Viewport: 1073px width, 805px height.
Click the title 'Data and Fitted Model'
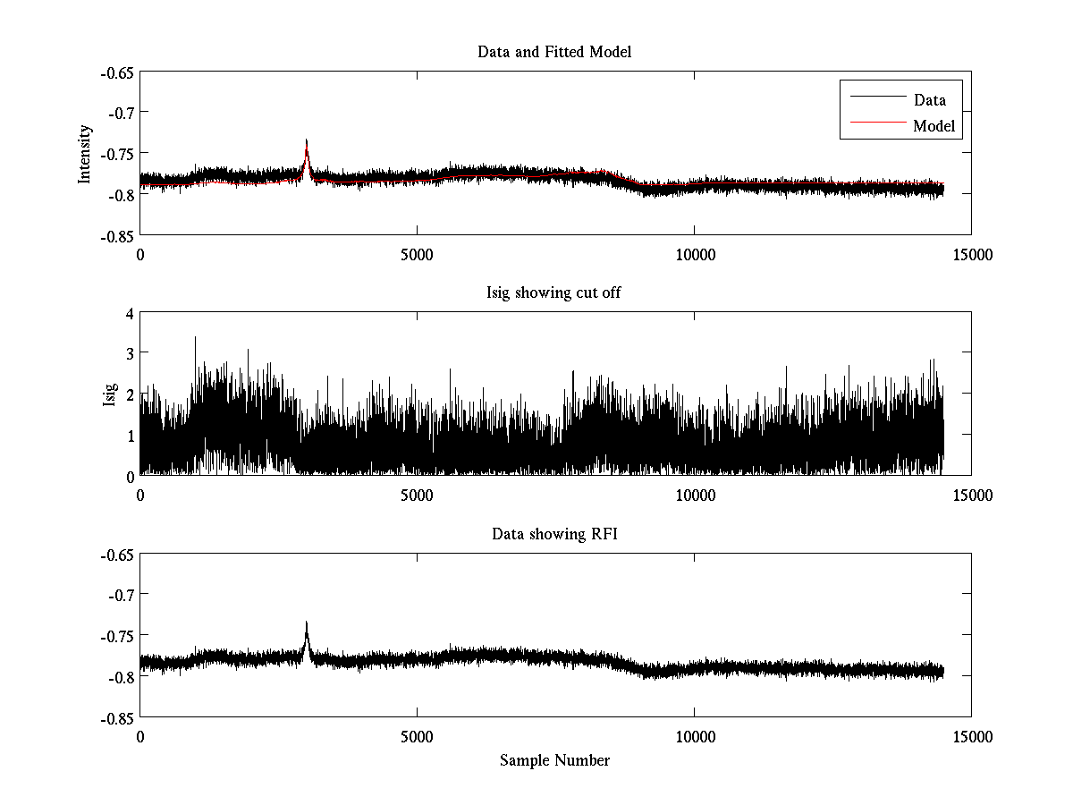tap(554, 52)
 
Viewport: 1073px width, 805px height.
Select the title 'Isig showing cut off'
tap(554, 293)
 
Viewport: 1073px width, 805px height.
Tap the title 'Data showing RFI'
tap(554, 535)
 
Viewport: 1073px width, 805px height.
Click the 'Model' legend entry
tap(934, 126)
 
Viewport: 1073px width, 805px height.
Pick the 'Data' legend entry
tap(929, 100)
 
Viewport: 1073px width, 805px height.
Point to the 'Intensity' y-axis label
tap(85, 154)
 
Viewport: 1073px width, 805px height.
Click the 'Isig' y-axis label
tap(110, 395)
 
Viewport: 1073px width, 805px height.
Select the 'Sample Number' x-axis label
tap(554, 760)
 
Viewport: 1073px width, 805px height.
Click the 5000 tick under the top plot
tap(417, 254)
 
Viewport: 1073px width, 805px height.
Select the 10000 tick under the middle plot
tap(694, 496)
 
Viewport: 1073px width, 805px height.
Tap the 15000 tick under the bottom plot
tap(971, 737)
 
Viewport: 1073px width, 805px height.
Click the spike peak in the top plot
tap(307, 140)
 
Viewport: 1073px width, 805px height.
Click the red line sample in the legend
tap(876, 126)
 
